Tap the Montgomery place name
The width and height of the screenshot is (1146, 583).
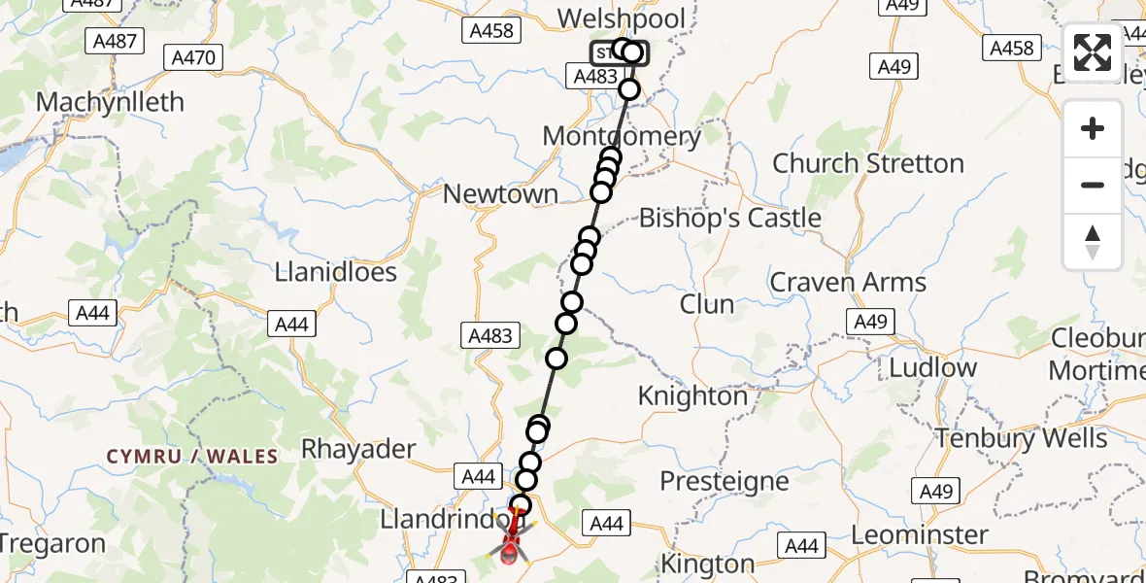tap(622, 136)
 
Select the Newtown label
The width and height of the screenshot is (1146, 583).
tap(500, 193)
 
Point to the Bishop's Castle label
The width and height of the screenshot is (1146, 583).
tap(730, 218)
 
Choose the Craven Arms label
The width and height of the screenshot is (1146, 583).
tap(848, 283)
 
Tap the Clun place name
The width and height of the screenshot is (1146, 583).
tap(707, 304)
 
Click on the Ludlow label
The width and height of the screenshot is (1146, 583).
tap(933, 368)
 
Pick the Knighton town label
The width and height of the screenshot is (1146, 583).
tap(692, 396)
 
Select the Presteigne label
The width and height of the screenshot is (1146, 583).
tap(725, 481)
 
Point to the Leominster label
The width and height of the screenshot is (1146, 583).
tap(920, 534)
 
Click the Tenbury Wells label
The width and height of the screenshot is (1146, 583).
tap(1021, 438)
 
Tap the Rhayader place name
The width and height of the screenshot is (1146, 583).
tap(358, 449)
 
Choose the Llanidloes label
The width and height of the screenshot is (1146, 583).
tap(336, 271)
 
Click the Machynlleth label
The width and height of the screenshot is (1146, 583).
tap(109, 102)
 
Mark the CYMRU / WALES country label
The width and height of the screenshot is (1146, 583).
tap(192, 457)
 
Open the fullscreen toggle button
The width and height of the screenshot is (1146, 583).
tap(1093, 52)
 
